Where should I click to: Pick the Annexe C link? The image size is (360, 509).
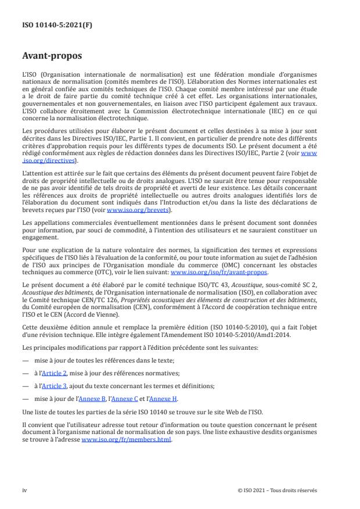click(136, 399)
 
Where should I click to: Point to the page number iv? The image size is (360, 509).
click(24, 490)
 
